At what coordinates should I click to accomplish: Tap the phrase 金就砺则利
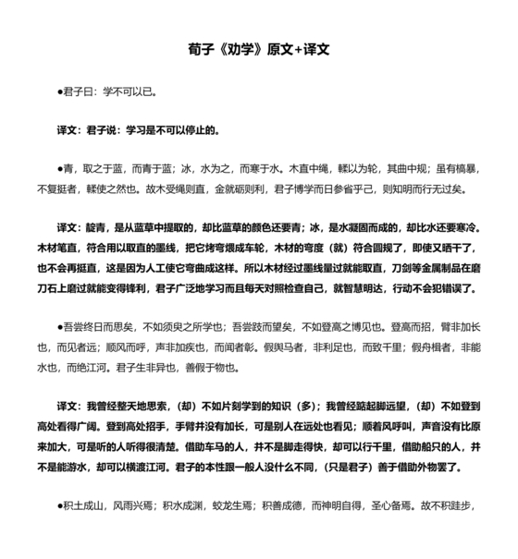click(x=238, y=189)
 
